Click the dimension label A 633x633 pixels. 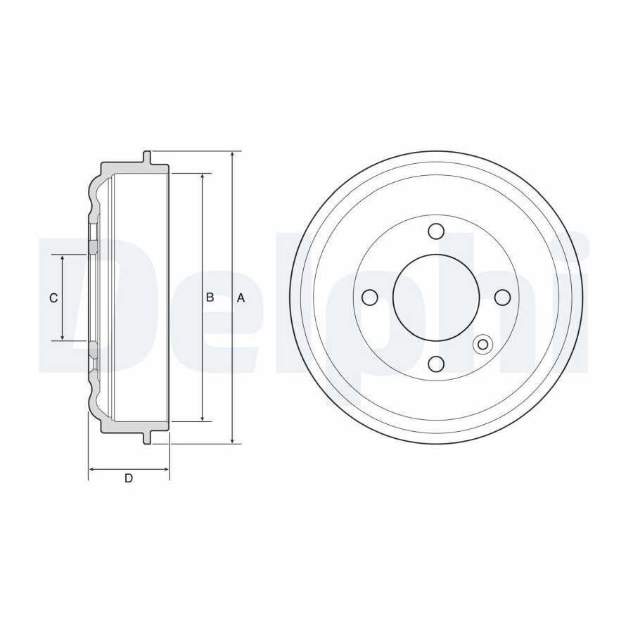241,298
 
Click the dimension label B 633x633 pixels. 210,298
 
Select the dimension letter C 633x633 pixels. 53,298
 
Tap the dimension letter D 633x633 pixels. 129,478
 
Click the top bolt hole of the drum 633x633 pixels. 436,231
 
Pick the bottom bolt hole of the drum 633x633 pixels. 436,364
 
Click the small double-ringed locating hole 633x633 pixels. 482,345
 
